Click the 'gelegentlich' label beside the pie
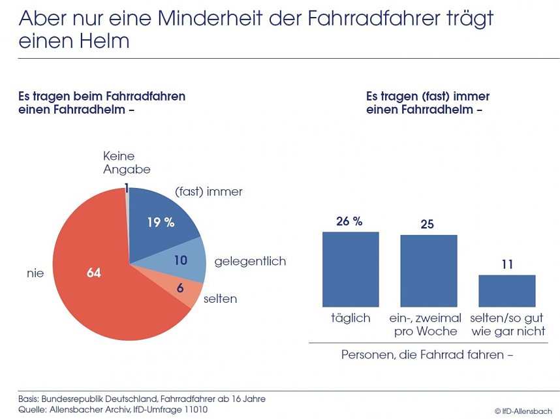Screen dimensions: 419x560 tap(250, 262)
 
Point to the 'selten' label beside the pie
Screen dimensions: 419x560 tap(220, 299)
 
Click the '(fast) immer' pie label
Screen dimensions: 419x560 tap(209, 192)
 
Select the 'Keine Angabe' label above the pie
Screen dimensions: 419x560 tap(127, 163)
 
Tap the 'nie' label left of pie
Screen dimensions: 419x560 tap(36, 273)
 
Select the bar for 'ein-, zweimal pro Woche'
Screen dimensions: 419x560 tap(428, 271)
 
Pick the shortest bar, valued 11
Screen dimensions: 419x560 tap(506, 290)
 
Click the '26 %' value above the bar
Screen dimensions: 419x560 tap(349, 221)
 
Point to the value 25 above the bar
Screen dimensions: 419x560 tap(428, 225)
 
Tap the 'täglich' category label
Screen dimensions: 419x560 tap(350, 318)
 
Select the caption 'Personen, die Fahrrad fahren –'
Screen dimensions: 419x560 tap(428, 355)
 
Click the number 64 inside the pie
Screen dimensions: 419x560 tap(94, 272)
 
